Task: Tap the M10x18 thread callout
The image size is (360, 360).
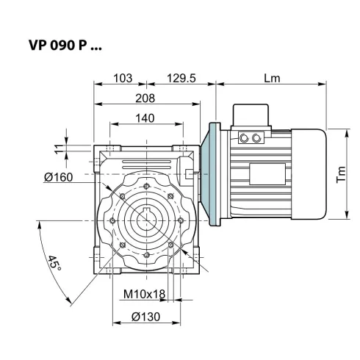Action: click(x=144, y=295)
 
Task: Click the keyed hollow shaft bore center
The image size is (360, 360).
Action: click(x=147, y=220)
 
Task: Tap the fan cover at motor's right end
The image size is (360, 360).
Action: click(x=312, y=173)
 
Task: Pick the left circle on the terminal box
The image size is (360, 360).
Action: click(x=245, y=137)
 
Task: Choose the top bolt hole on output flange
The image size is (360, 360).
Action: click(x=147, y=184)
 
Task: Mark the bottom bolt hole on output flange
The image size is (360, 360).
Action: click(x=147, y=255)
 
